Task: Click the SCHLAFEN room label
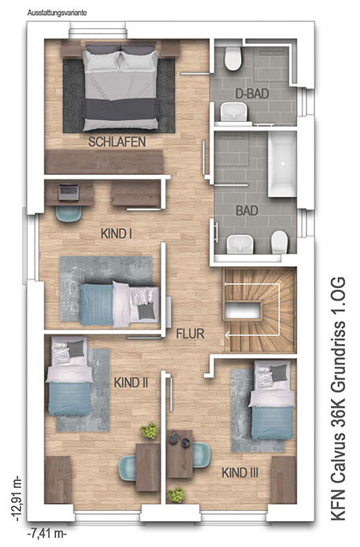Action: coord(117,142)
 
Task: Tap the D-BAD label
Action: coord(252,94)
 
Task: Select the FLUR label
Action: coord(191,334)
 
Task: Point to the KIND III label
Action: coord(240,473)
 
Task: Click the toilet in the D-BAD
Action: coord(233,58)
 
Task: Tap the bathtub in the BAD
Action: coord(282,164)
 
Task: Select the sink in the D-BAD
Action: coord(233,112)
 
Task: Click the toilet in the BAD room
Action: coord(280,242)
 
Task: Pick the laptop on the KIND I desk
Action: coord(69,192)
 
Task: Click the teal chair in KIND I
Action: coord(69,213)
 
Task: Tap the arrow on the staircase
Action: coord(252,309)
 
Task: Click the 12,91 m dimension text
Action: coord(17,499)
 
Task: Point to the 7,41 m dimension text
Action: coord(46,534)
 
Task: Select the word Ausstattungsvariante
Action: coord(57,13)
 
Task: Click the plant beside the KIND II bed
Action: coord(150,431)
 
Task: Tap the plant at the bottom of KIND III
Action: coord(176,495)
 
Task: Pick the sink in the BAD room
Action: coord(240,244)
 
